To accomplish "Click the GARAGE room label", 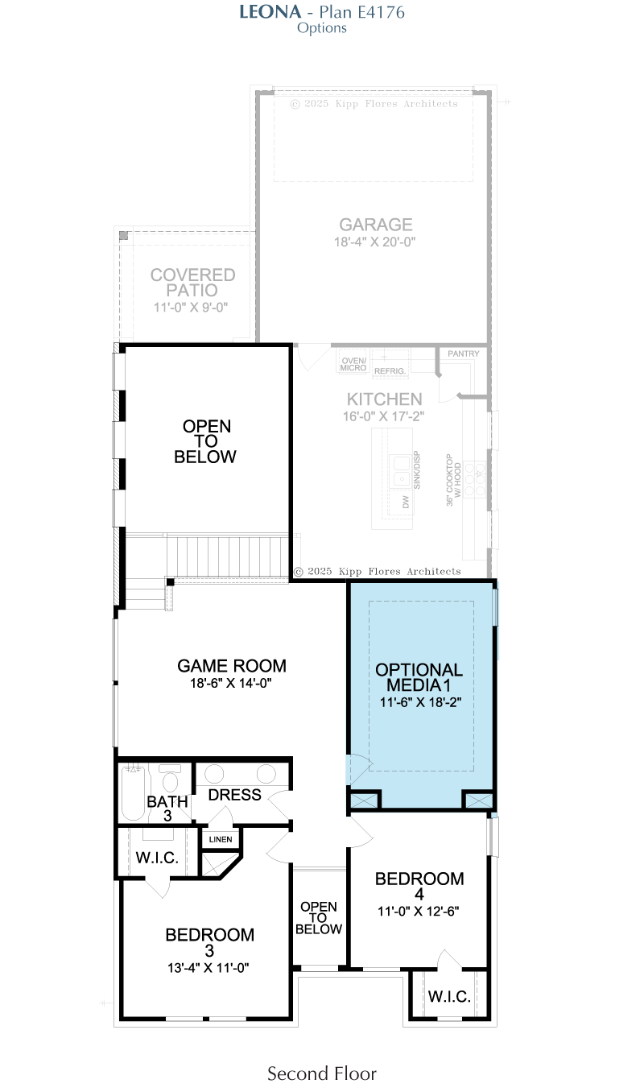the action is [376, 225].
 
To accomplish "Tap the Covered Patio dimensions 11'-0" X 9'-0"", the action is [191, 307].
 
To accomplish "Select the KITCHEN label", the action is [384, 399].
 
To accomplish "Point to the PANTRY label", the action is [463, 354].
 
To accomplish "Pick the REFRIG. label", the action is [390, 371].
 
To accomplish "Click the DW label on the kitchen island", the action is [406, 503].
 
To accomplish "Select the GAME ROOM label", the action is [231, 666].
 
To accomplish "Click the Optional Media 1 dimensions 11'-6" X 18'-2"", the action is [420, 702].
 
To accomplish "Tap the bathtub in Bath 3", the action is [133, 793].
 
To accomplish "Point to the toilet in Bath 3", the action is [170, 778].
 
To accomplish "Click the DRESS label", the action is [234, 795].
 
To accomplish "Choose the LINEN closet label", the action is [221, 839].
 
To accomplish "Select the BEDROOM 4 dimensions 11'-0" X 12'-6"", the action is [419, 911].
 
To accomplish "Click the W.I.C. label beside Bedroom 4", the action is [449, 996].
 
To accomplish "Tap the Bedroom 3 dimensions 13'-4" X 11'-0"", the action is [208, 968].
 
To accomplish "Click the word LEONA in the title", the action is [270, 12].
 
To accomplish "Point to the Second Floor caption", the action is [322, 1073].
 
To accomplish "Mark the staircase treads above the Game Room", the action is [228, 556].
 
